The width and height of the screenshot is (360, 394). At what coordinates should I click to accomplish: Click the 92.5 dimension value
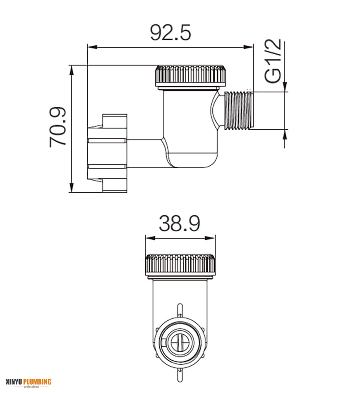(x=170, y=32)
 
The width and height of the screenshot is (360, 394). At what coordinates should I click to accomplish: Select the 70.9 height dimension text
(x=58, y=127)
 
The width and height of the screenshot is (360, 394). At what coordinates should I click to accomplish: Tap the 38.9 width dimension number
(x=180, y=224)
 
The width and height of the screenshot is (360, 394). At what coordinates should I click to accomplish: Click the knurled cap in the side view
(x=190, y=75)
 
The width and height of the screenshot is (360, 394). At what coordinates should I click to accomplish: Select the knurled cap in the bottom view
(x=180, y=264)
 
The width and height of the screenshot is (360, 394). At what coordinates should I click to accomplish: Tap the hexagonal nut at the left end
(x=107, y=153)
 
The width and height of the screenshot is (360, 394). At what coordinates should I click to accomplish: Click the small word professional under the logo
(x=31, y=387)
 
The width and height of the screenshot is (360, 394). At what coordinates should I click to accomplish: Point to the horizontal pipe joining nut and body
(x=143, y=153)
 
